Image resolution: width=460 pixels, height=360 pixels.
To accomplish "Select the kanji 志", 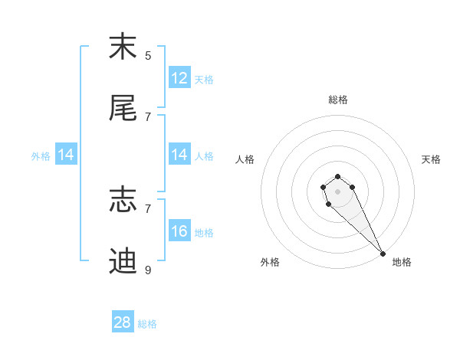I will tap(123, 200).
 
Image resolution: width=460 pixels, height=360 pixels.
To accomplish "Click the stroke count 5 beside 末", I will tap(148, 55).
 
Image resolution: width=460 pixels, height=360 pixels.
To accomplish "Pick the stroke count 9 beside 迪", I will tap(148, 270).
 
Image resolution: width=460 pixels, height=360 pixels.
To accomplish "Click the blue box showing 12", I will tap(179, 78).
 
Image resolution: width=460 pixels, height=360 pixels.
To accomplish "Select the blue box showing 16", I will tap(179, 231).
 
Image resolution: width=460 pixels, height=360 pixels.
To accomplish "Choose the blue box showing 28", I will tap(123, 322).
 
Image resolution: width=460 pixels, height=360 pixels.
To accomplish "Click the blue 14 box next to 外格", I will tap(66, 155).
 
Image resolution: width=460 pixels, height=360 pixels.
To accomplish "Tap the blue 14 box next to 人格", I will tap(179, 155).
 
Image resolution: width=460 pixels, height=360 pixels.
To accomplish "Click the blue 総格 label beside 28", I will tap(147, 324).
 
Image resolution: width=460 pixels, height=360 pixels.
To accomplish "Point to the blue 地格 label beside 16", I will tap(204, 233).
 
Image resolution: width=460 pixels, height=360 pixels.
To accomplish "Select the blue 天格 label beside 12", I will tap(204, 80).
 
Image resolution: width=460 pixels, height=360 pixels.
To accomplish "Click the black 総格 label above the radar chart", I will tap(337, 100).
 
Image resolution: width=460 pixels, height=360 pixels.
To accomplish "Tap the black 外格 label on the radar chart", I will tap(270, 262).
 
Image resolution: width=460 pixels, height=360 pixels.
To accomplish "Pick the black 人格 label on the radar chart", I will tap(245, 159).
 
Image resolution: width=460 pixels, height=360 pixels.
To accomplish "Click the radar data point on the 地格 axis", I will tap(383, 254).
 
